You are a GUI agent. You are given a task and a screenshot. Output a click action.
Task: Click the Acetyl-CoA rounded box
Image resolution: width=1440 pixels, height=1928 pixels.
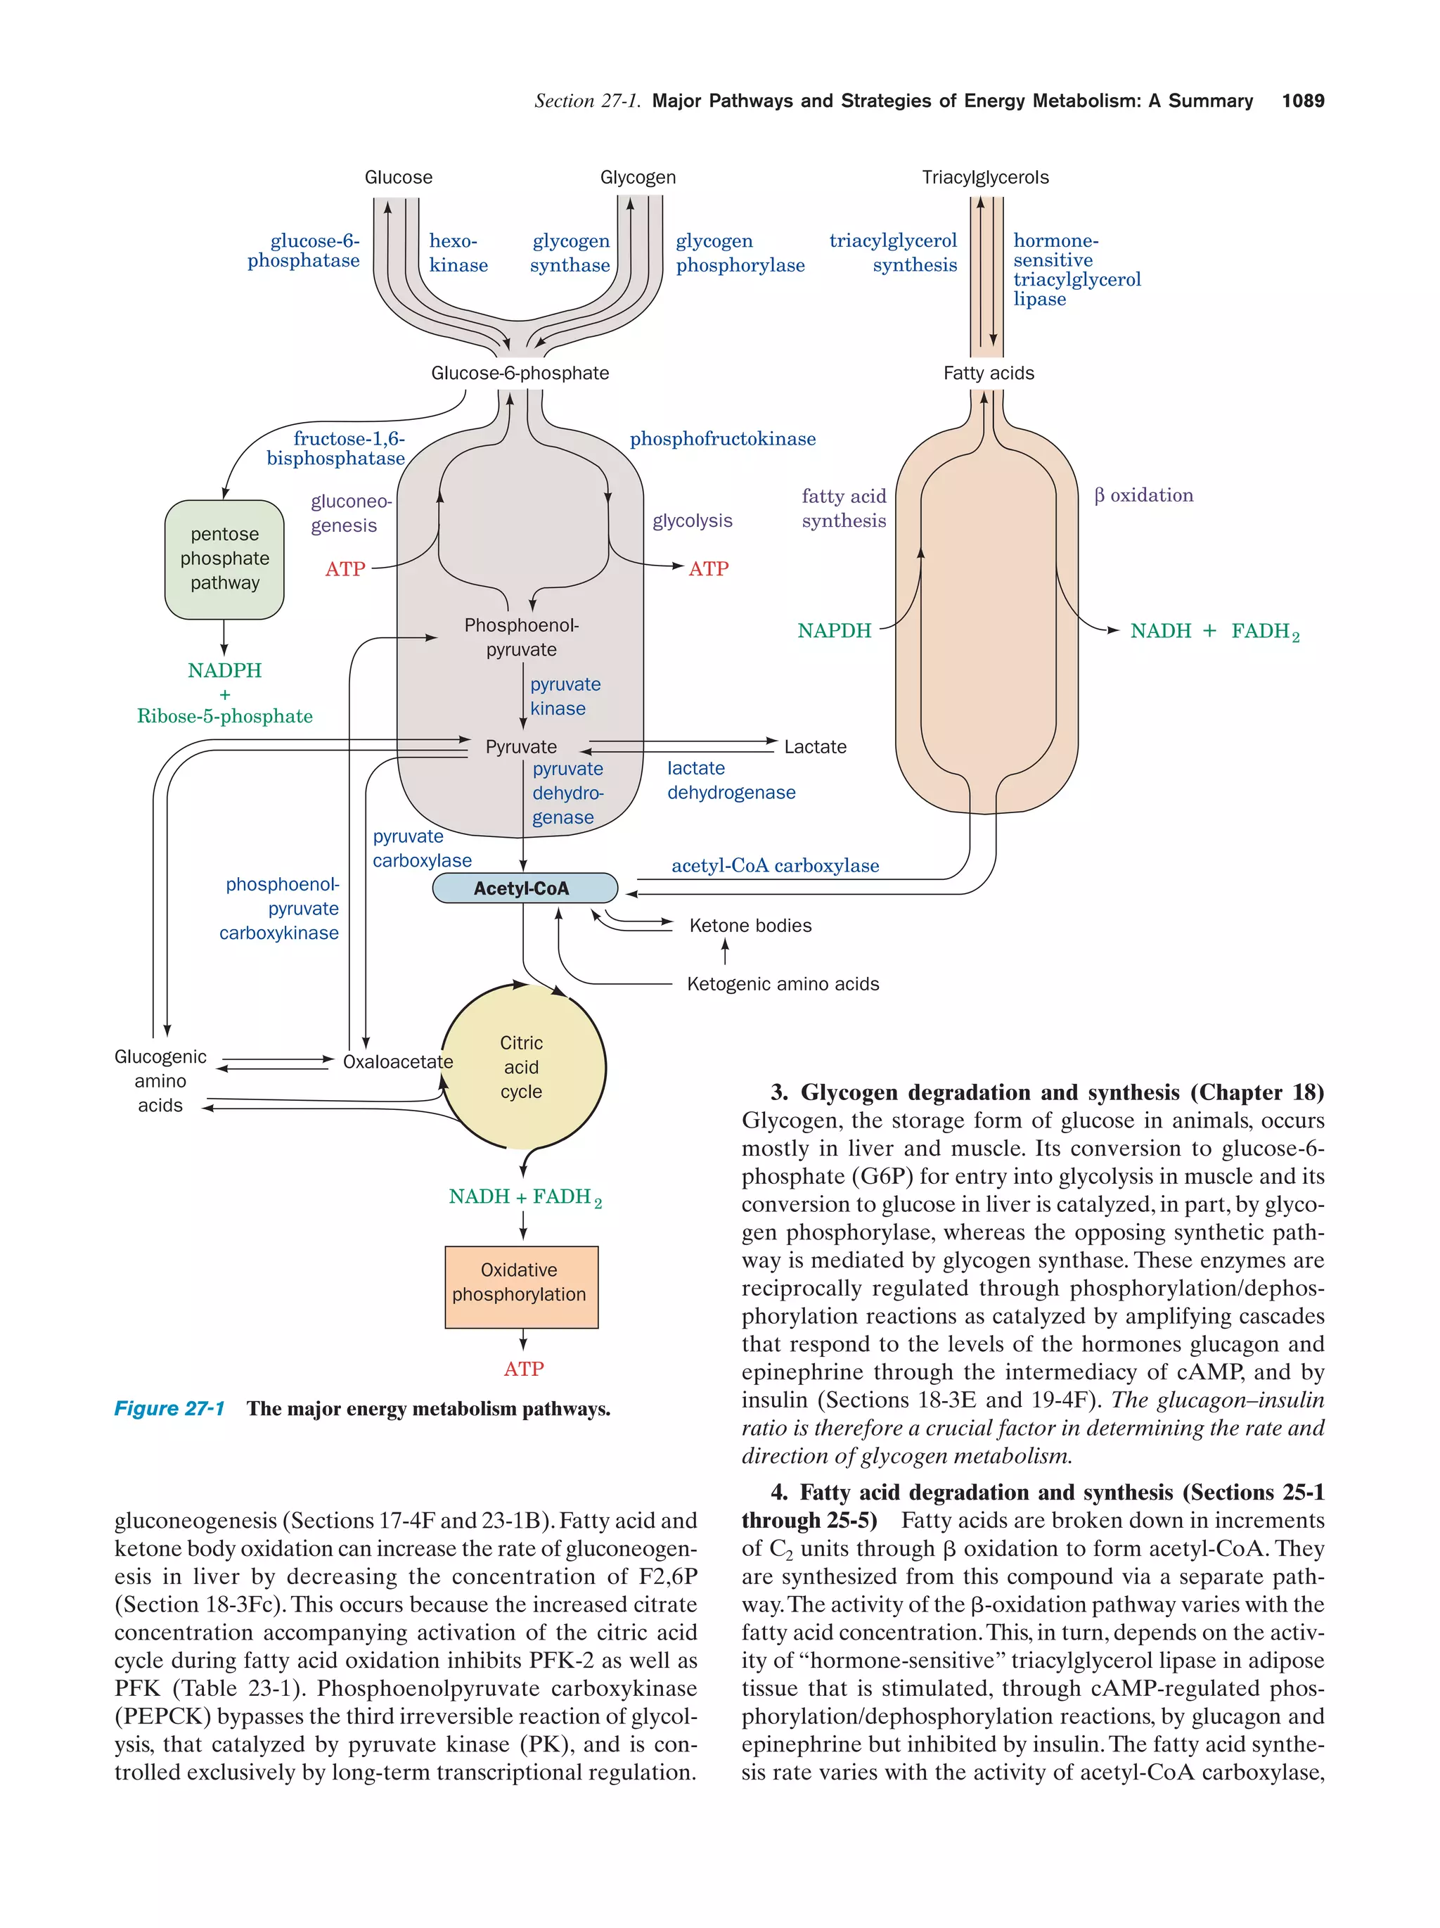pos(525,888)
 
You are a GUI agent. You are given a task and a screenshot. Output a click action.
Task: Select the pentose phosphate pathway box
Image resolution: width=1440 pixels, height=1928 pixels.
pos(225,558)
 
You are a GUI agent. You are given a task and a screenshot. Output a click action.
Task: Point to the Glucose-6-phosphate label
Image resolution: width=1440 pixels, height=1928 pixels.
pos(520,373)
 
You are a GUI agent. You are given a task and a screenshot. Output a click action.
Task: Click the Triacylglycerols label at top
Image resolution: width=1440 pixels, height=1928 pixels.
pos(985,178)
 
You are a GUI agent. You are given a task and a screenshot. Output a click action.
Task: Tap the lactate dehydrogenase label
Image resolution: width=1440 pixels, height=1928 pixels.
pos(730,780)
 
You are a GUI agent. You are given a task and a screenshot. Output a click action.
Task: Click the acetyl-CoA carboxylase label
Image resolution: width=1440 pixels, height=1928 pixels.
pos(774,865)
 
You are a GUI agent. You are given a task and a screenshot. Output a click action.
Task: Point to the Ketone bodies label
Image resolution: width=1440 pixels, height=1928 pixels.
pos(750,926)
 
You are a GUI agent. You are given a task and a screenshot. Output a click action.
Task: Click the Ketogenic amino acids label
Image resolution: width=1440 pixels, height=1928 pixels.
pos(783,984)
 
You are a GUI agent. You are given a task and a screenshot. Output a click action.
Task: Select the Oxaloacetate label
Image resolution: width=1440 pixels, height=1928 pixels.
pos(397,1061)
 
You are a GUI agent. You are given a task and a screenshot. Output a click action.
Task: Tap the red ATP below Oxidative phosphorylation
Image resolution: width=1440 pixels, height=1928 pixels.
pos(524,1368)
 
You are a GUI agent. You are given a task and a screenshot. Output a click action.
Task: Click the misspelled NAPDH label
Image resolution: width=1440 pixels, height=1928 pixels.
pos(834,631)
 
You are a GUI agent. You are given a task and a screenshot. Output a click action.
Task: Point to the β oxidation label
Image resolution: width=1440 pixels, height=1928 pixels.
pos(1143,495)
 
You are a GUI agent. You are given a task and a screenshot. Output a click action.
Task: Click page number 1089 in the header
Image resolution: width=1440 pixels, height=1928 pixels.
pos(1302,101)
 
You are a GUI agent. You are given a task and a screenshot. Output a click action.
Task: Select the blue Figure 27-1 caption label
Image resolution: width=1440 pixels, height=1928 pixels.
pos(170,1408)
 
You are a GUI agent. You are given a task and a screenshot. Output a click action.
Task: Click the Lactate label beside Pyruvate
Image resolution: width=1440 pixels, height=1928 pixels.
pos(814,747)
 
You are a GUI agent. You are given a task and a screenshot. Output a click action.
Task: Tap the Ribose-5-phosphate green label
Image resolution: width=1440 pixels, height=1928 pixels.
pos(225,717)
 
